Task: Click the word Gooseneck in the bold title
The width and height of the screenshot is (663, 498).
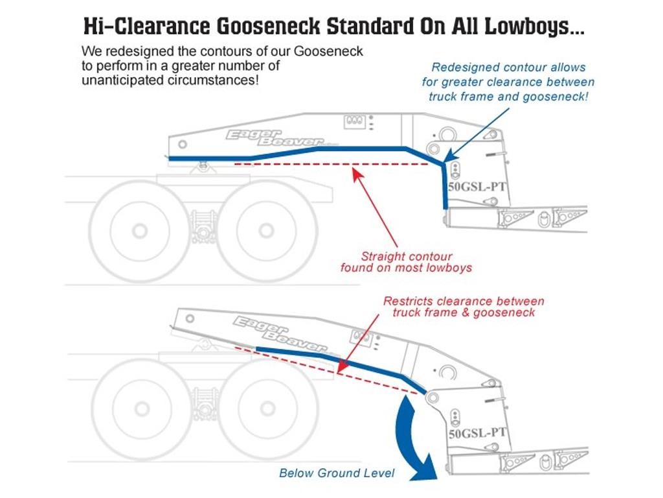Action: coord(268,26)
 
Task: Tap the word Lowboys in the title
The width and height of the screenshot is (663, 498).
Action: coord(534,26)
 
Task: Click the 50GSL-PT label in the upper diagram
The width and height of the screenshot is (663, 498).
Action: coord(477,187)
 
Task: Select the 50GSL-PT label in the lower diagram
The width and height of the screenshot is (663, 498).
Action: coord(477,433)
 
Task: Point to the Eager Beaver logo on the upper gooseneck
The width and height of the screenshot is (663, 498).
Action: coord(274,138)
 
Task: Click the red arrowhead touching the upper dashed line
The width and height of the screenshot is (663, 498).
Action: coord(357,174)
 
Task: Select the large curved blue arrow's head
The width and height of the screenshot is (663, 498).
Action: coord(424,468)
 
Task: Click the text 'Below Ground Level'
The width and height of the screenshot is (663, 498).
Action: coord(337,473)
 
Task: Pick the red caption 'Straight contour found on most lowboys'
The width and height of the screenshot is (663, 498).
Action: coord(407,262)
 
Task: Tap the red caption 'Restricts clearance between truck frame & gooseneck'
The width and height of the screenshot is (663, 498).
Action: coord(464,307)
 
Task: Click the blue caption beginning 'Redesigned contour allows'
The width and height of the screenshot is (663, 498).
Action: coord(508,82)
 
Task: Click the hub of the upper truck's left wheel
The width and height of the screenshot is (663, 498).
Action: coord(140,231)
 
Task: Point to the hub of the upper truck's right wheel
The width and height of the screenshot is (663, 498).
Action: coord(266,231)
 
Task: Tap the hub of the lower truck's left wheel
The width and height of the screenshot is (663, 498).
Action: coord(142,409)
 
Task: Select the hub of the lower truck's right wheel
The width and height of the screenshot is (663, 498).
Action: coord(267,409)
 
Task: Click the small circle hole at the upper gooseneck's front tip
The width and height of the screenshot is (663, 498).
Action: coord(183,145)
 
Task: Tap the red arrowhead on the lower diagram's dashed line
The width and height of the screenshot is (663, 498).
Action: coord(343,368)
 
